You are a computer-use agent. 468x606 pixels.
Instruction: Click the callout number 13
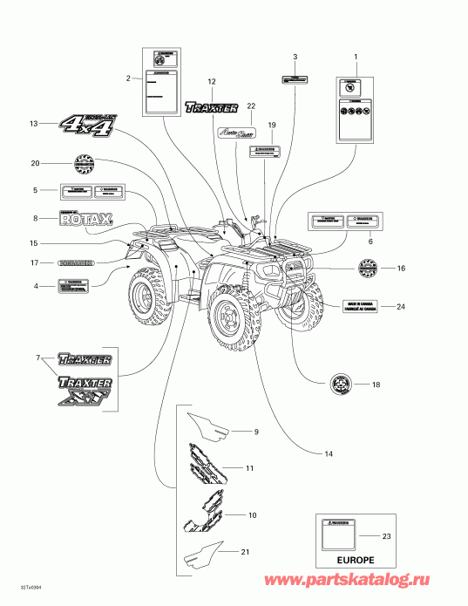(34, 124)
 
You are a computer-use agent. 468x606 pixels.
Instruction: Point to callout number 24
(400, 306)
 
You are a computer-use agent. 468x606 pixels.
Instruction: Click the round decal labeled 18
(340, 383)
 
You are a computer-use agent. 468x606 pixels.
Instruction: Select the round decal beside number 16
(369, 269)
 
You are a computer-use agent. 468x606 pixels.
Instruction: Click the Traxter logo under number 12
(211, 108)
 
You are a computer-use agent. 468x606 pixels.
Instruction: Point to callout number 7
(37, 359)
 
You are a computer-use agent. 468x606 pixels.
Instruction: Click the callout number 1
(356, 56)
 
